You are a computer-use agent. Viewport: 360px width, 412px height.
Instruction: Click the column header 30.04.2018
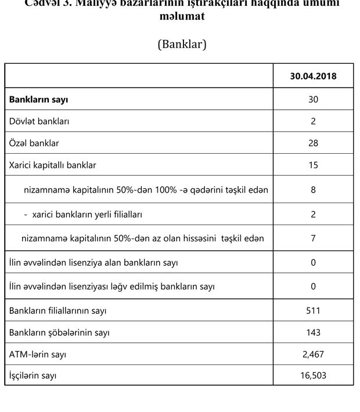click(313, 77)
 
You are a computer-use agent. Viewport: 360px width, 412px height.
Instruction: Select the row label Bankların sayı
click(38, 99)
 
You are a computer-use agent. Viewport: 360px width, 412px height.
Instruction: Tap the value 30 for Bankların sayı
click(313, 99)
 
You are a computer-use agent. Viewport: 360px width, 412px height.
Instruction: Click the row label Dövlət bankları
click(39, 121)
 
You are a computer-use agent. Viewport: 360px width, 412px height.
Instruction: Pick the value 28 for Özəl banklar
click(313, 143)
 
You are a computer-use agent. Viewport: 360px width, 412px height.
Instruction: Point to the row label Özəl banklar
click(34, 143)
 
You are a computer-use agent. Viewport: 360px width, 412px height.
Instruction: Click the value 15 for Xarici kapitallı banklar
click(313, 165)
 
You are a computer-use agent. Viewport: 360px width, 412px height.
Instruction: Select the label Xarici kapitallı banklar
click(52, 165)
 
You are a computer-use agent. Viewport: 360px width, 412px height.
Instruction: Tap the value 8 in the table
click(313, 190)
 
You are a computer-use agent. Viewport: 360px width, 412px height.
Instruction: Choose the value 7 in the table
click(313, 238)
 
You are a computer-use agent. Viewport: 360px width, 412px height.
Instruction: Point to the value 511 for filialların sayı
click(313, 310)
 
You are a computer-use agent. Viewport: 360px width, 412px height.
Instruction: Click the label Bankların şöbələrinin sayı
click(59, 333)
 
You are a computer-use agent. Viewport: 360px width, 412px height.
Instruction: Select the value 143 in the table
click(313, 333)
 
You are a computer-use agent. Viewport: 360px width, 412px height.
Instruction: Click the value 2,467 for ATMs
click(313, 354)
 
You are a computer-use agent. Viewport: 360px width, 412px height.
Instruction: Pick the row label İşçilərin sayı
click(33, 375)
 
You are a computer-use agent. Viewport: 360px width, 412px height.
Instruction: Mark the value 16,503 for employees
click(313, 375)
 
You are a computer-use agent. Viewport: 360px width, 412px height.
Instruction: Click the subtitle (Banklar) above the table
click(182, 44)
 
